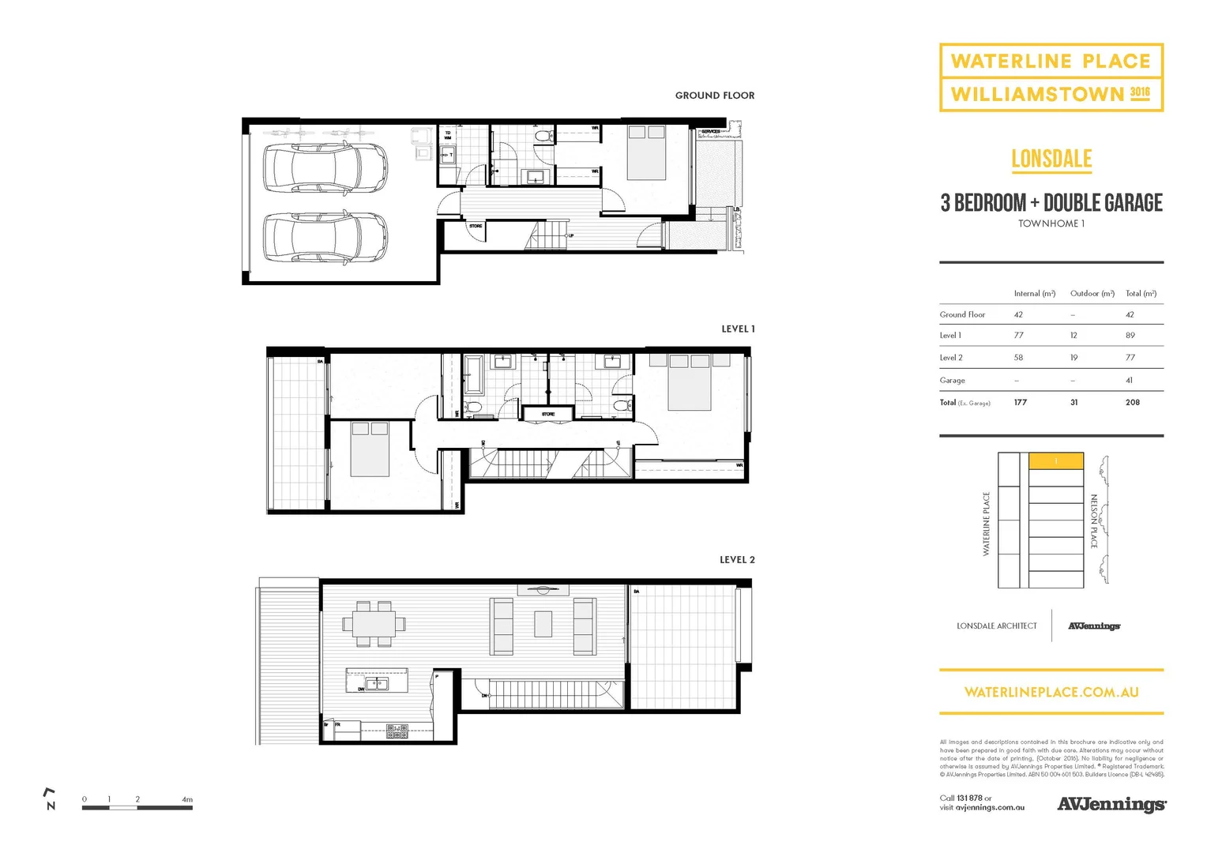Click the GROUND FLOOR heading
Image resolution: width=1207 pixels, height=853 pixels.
pos(714,96)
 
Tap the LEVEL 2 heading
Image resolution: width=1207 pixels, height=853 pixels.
pos(736,560)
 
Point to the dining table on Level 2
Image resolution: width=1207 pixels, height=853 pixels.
pos(374,624)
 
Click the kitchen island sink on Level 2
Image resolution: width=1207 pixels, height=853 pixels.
pos(376,684)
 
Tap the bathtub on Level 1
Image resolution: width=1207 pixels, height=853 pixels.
pos(474,374)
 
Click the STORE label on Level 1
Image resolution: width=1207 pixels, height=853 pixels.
pos(548,414)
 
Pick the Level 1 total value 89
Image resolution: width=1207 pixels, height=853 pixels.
pos(1130,336)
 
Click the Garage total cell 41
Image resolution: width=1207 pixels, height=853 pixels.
pos(1129,381)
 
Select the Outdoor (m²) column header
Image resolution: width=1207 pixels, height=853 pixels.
pos(1092,294)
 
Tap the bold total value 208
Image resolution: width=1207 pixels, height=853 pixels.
pos(1132,403)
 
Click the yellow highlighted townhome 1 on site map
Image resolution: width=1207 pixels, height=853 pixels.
pos(1055,461)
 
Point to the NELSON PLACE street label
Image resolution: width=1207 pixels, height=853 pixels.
pos(1094,521)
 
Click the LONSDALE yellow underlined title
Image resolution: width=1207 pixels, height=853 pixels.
pos(1051,159)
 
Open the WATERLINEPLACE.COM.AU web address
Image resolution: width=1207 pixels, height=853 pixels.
pos(1051,692)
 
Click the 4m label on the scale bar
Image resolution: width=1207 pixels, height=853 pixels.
pos(187,799)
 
